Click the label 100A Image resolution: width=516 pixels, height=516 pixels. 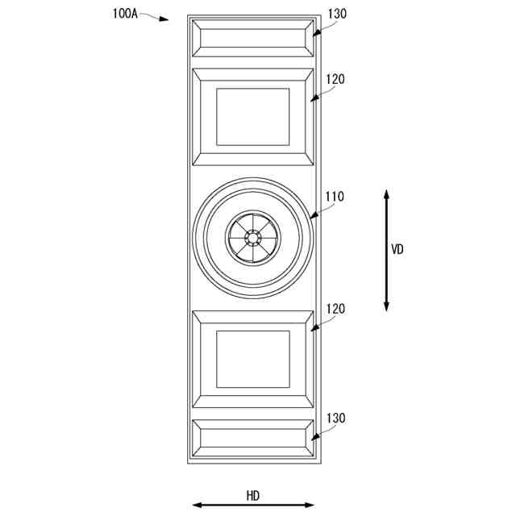[x=125, y=14]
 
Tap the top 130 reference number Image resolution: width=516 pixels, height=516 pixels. [x=337, y=14]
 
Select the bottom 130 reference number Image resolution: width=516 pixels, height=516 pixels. [x=335, y=418]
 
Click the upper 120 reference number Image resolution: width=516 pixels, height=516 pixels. [x=335, y=79]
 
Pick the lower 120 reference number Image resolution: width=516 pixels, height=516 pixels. [x=335, y=309]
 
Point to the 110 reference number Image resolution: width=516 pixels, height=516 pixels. [x=335, y=197]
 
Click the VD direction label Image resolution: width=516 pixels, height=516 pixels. [x=397, y=249]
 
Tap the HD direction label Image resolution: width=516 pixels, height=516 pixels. [x=253, y=496]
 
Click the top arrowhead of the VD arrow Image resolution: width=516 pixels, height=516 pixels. [x=387, y=194]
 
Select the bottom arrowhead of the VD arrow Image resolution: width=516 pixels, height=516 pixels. [x=387, y=306]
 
